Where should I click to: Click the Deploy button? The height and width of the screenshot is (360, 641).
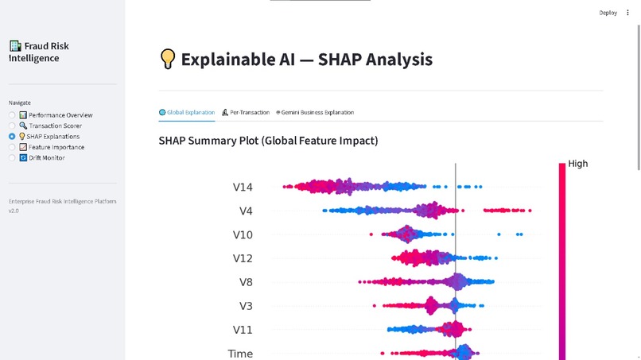coord(608,13)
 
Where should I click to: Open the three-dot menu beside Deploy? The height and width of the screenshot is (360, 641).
coord(627,13)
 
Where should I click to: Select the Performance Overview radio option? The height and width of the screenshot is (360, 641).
coord(12,115)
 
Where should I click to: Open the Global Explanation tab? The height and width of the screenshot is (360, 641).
coord(187,113)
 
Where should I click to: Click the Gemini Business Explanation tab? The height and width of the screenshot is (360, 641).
coord(315,113)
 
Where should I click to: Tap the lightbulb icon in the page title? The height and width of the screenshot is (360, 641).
coord(167,60)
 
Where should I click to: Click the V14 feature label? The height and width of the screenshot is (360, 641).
coord(243,188)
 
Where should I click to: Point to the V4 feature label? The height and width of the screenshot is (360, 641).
coord(246,211)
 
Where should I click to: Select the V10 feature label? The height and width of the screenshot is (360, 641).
coord(243,235)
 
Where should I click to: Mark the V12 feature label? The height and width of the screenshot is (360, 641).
coord(243,258)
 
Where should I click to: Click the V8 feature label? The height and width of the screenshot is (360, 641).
coord(246,282)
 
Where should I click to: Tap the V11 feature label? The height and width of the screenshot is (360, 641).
coord(243,330)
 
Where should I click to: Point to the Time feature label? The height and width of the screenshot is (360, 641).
coord(240,354)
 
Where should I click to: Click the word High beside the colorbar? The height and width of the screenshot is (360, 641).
coord(578,165)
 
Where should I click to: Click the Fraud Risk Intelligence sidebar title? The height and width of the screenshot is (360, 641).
coord(40,52)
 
